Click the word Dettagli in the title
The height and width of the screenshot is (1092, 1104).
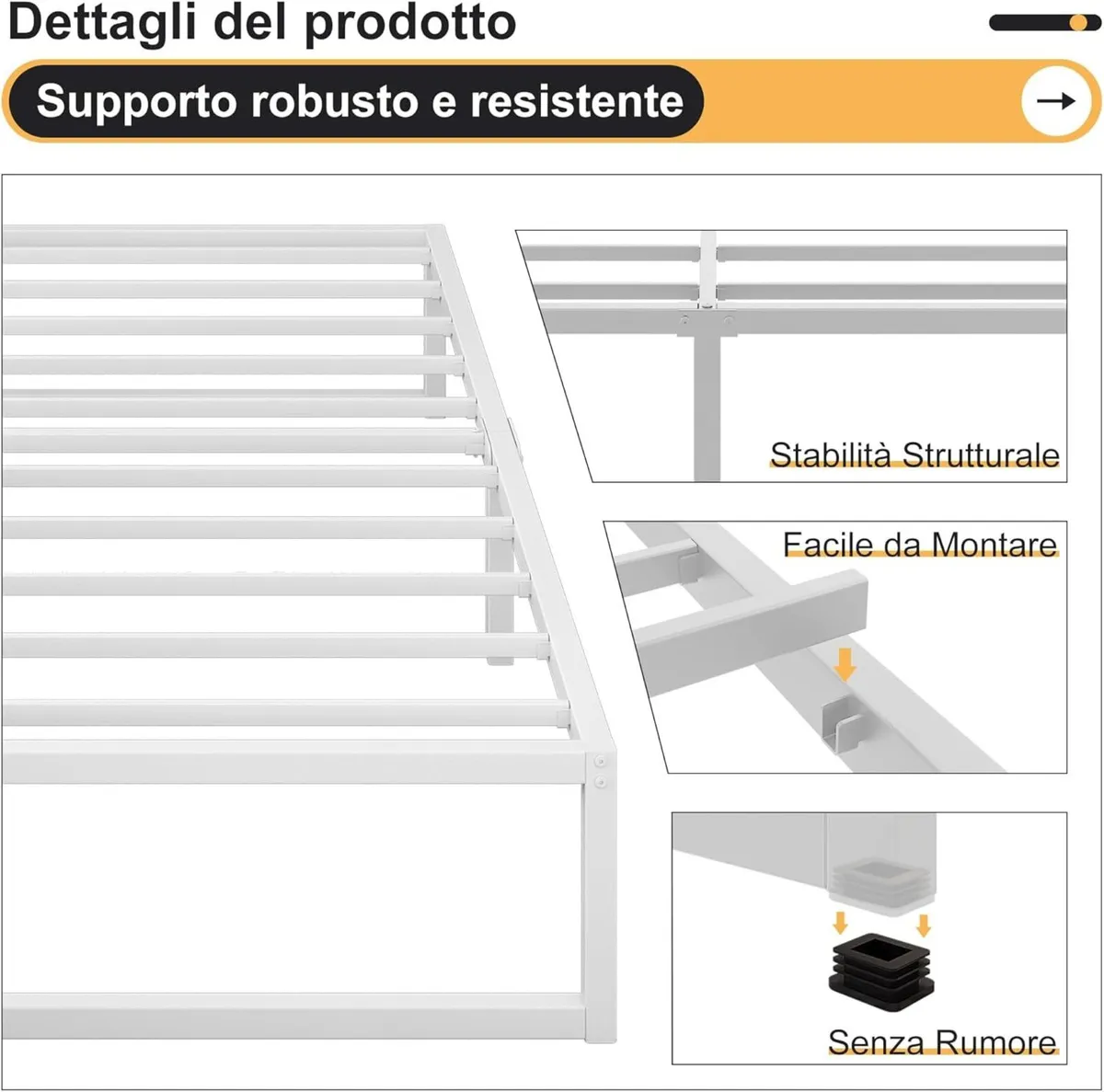[x=101, y=22]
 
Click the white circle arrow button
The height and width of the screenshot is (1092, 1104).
[x=1055, y=101]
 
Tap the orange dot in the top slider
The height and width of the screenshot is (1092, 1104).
[x=1078, y=23]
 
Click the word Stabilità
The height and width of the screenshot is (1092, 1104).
[x=832, y=454]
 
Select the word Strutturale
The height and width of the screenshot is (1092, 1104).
[x=981, y=454]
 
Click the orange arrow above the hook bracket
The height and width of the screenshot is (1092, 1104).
[x=845, y=662]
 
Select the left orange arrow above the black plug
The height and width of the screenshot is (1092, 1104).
[x=839, y=923]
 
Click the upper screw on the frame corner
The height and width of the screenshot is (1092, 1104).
[x=601, y=762]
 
